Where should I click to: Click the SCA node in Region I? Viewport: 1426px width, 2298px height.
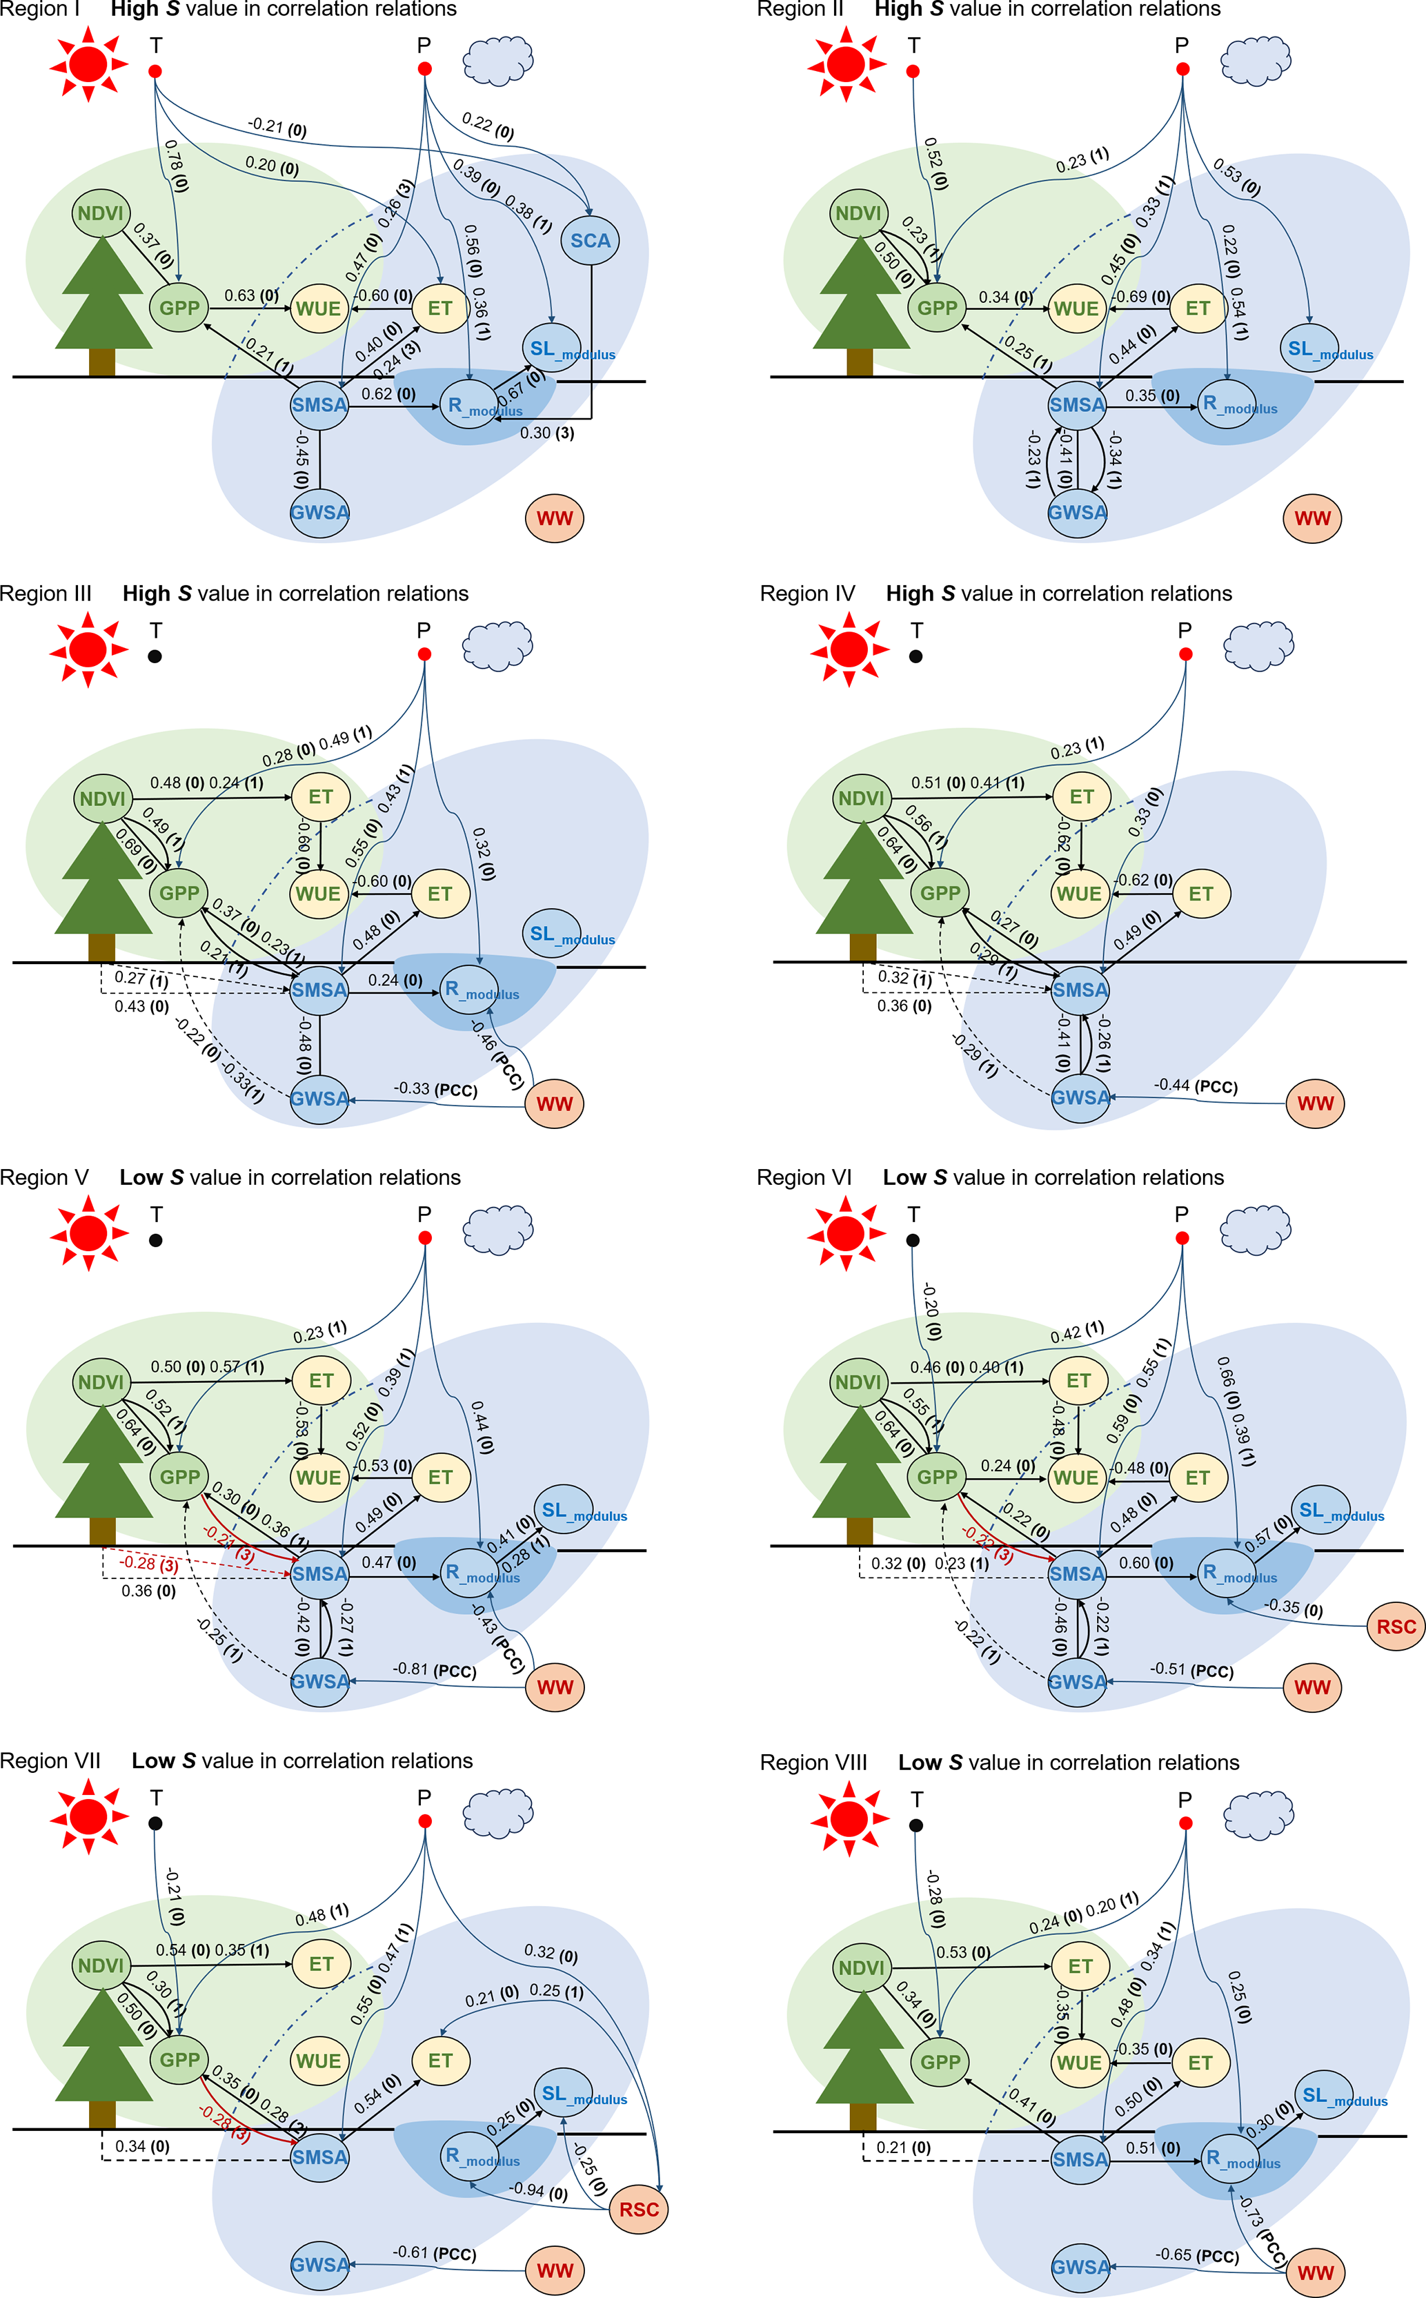[x=591, y=241]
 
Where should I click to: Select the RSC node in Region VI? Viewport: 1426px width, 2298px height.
[x=1396, y=1627]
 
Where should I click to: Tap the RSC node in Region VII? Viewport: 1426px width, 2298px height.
[x=639, y=2210]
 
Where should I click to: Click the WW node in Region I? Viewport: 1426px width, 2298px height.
[x=555, y=518]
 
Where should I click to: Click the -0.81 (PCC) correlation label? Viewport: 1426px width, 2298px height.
[x=434, y=1670]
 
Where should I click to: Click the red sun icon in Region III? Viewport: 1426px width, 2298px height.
[x=89, y=649]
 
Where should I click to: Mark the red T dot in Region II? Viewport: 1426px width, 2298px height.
[x=913, y=71]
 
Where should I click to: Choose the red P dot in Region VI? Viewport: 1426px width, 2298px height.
[x=1182, y=1237]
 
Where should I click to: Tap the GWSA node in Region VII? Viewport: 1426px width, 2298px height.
[x=319, y=2264]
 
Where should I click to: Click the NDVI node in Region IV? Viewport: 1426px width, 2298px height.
[x=861, y=798]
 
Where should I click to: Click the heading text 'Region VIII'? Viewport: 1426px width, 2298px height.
[x=813, y=1763]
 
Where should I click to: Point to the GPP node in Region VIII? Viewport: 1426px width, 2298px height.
[x=940, y=2062]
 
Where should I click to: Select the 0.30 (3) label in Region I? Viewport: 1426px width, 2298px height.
[x=547, y=433]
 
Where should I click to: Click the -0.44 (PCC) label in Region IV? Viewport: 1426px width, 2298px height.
[x=1195, y=1086]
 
